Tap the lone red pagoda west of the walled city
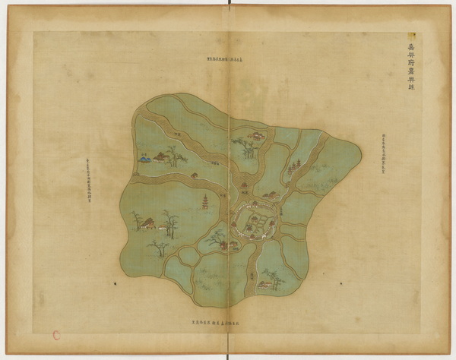pyautogui.click(x=204, y=202)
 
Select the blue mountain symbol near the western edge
pyautogui.click(x=144, y=159)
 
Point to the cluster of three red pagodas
pyautogui.click(x=293, y=166)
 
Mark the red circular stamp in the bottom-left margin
pyautogui.click(x=57, y=333)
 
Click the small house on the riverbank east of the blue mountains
pyautogui.click(x=194, y=175)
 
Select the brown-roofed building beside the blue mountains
pyautogui.click(x=160, y=156)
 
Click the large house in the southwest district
pyautogui.click(x=149, y=223)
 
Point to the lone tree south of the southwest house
pyautogui.click(x=159, y=248)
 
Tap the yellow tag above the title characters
pyautogui.click(x=411, y=35)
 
